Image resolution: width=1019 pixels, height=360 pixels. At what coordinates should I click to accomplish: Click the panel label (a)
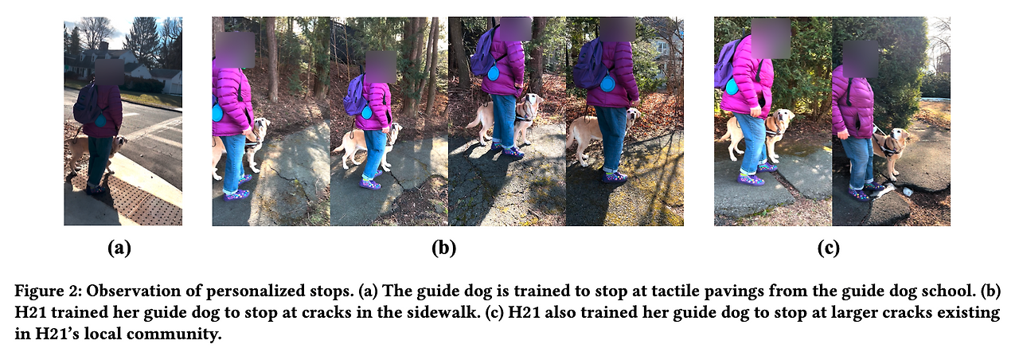(x=119, y=248)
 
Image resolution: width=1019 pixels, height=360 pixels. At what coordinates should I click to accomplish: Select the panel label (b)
(x=444, y=248)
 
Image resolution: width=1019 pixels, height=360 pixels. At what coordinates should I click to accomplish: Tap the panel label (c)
(x=829, y=248)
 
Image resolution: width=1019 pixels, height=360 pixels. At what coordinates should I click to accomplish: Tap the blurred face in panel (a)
(x=109, y=72)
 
